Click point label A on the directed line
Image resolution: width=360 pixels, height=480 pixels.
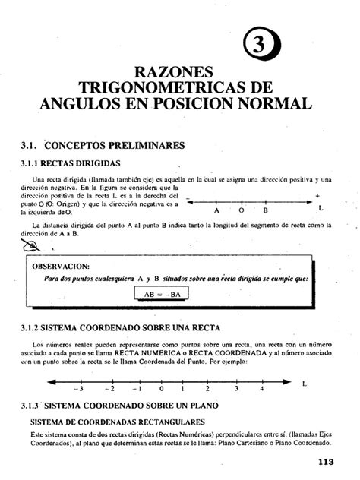point(216,210)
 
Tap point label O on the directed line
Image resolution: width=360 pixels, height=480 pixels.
point(241,210)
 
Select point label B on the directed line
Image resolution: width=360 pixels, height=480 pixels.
point(266,210)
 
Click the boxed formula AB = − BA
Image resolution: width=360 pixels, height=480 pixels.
point(163,292)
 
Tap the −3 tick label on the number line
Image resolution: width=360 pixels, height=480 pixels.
point(77,388)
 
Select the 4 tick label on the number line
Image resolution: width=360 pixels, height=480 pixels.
point(261,388)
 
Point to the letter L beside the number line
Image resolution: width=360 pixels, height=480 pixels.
point(304,384)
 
